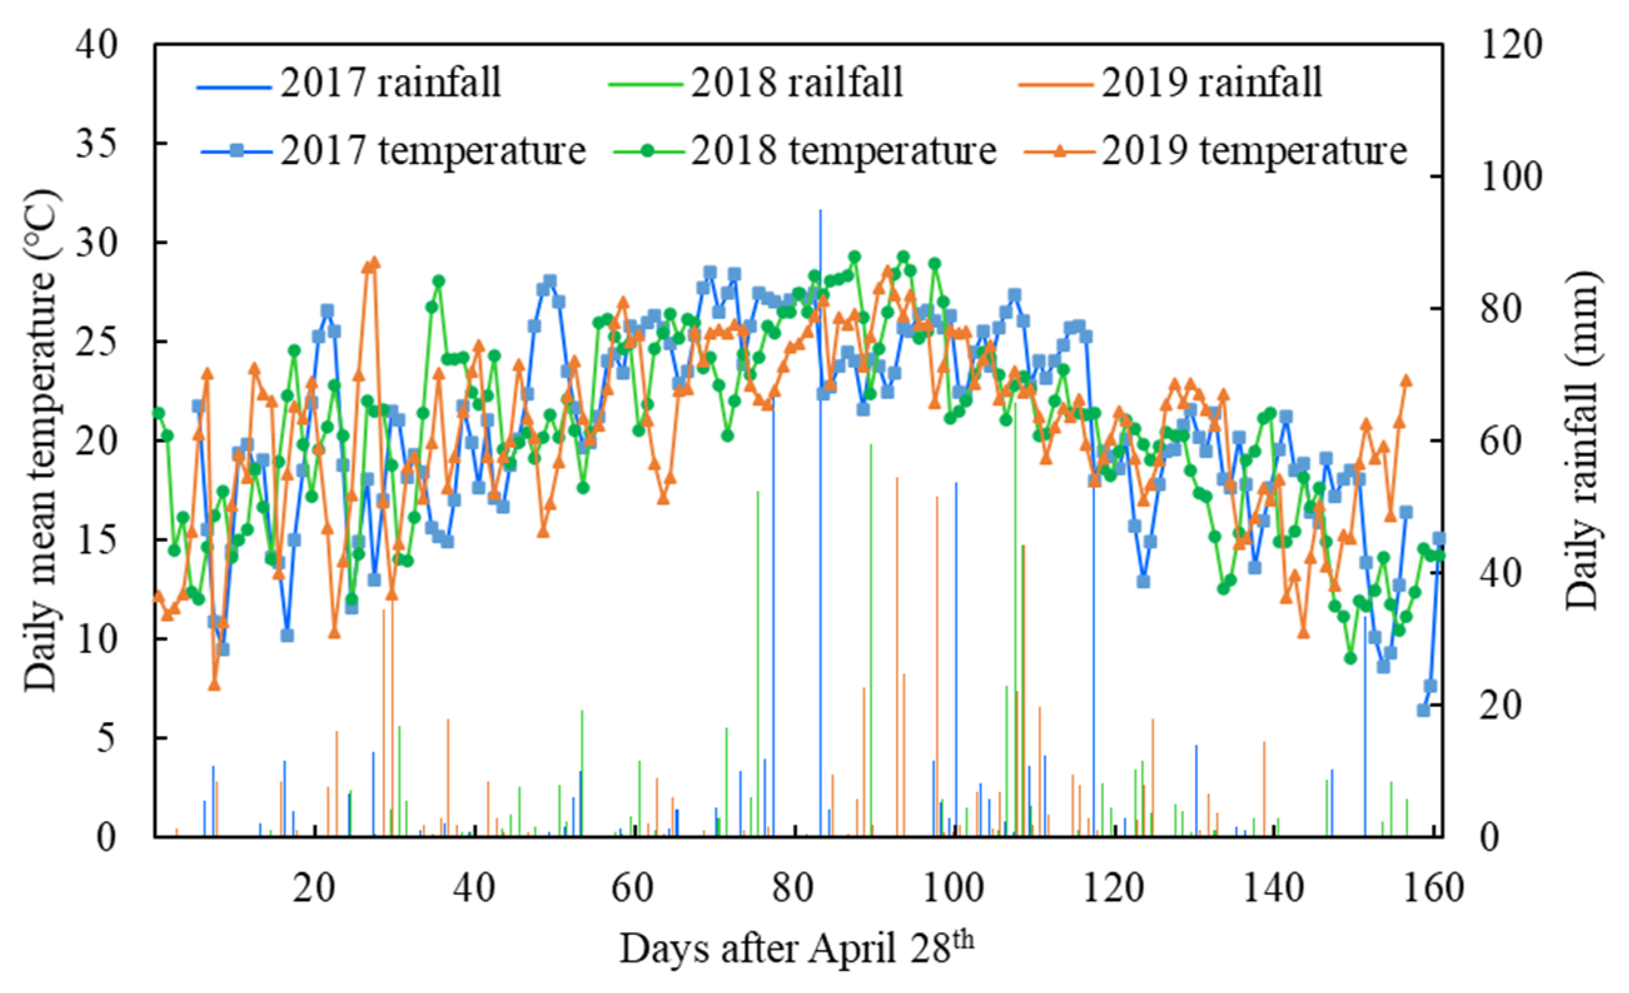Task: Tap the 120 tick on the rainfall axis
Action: pyautogui.click(x=1511, y=45)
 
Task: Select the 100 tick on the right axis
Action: pyautogui.click(x=1511, y=176)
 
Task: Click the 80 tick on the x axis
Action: pyautogui.click(x=793, y=888)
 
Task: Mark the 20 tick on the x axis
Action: pyautogui.click(x=314, y=888)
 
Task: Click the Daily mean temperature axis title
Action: pyautogui.click(x=41, y=441)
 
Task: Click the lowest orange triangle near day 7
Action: pyautogui.click(x=213, y=685)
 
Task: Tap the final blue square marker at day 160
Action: pyautogui.click(x=1439, y=538)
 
